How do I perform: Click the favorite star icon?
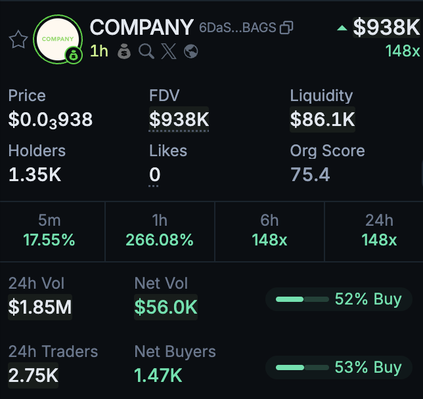(18, 39)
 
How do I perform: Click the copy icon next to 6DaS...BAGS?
(286, 28)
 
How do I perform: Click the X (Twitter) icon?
(169, 51)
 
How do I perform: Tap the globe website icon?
(191, 51)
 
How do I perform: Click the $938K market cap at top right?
(386, 28)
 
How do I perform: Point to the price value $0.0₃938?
(51, 119)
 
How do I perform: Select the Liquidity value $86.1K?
(323, 119)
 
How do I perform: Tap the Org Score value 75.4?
(310, 175)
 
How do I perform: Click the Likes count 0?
(155, 175)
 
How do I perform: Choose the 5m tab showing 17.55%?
(49, 230)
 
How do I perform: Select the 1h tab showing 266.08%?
(160, 230)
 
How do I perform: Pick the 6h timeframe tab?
(269, 230)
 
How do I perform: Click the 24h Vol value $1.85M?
(40, 306)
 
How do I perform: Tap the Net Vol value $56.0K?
(166, 306)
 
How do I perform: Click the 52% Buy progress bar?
(302, 299)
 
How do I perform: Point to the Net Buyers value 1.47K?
(158, 375)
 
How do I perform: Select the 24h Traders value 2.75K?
(33, 375)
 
